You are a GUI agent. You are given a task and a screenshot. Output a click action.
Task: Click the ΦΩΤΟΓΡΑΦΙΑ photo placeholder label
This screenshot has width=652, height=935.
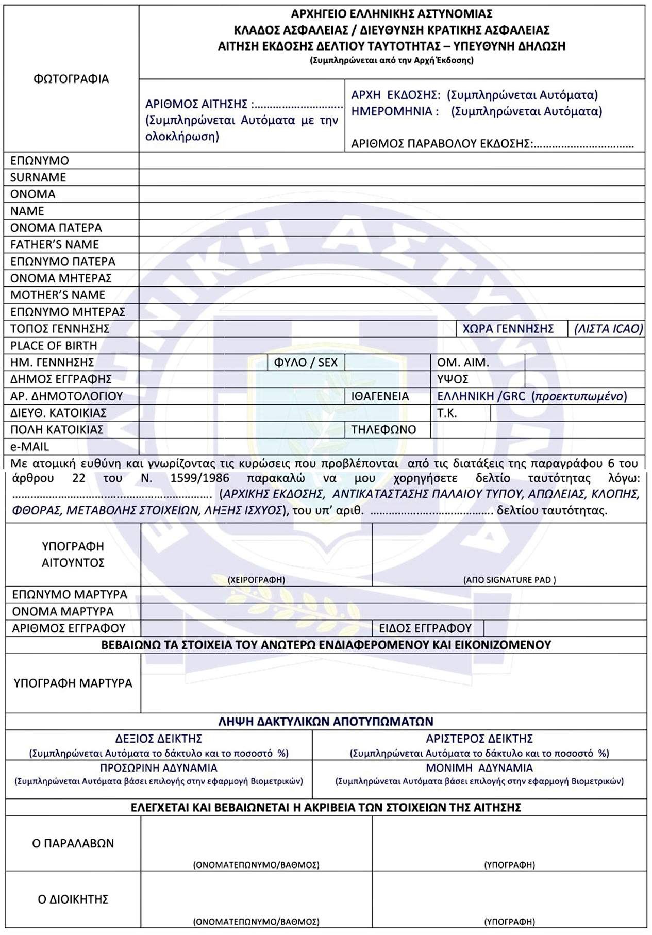(x=71, y=79)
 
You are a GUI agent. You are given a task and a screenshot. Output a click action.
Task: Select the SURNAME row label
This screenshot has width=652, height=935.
(x=38, y=177)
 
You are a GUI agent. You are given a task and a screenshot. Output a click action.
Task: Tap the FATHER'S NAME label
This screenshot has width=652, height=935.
(x=55, y=244)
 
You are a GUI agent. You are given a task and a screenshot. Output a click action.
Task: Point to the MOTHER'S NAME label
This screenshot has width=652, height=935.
(x=58, y=295)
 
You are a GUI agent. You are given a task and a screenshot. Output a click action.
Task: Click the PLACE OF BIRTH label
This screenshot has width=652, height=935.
(x=54, y=345)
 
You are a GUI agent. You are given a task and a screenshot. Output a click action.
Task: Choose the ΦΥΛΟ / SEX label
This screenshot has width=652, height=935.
(x=306, y=362)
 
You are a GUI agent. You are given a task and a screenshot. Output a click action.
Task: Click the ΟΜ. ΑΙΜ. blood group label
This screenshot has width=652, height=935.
(x=463, y=362)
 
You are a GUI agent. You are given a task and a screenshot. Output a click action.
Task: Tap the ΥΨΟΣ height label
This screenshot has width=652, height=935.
(x=453, y=379)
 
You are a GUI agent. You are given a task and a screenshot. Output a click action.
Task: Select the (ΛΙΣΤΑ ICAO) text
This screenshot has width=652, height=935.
(x=609, y=329)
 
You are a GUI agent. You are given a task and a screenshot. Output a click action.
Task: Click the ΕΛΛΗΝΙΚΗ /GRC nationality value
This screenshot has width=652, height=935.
(x=481, y=396)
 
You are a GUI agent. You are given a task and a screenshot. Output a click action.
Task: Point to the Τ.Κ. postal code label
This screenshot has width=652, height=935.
(x=447, y=413)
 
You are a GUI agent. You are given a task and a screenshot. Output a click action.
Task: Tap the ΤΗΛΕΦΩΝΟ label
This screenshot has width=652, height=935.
(x=383, y=430)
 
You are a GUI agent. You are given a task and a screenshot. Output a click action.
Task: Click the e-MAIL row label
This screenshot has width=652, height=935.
(x=30, y=446)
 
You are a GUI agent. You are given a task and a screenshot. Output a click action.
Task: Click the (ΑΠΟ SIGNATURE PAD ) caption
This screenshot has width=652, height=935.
(x=509, y=580)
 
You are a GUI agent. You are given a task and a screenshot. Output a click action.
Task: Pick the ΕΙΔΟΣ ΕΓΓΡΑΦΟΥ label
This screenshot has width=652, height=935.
(x=425, y=628)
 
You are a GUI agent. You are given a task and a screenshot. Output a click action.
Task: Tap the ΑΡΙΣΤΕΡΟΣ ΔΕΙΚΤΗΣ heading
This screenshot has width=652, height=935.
(x=479, y=739)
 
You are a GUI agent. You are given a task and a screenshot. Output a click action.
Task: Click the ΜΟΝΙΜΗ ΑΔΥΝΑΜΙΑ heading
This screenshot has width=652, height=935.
(x=479, y=768)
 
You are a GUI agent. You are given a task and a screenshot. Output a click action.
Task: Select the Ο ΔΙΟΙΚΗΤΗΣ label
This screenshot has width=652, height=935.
(x=73, y=899)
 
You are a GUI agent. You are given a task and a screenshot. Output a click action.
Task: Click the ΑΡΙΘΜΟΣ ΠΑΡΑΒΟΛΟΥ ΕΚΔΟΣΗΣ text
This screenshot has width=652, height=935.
(x=441, y=144)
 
